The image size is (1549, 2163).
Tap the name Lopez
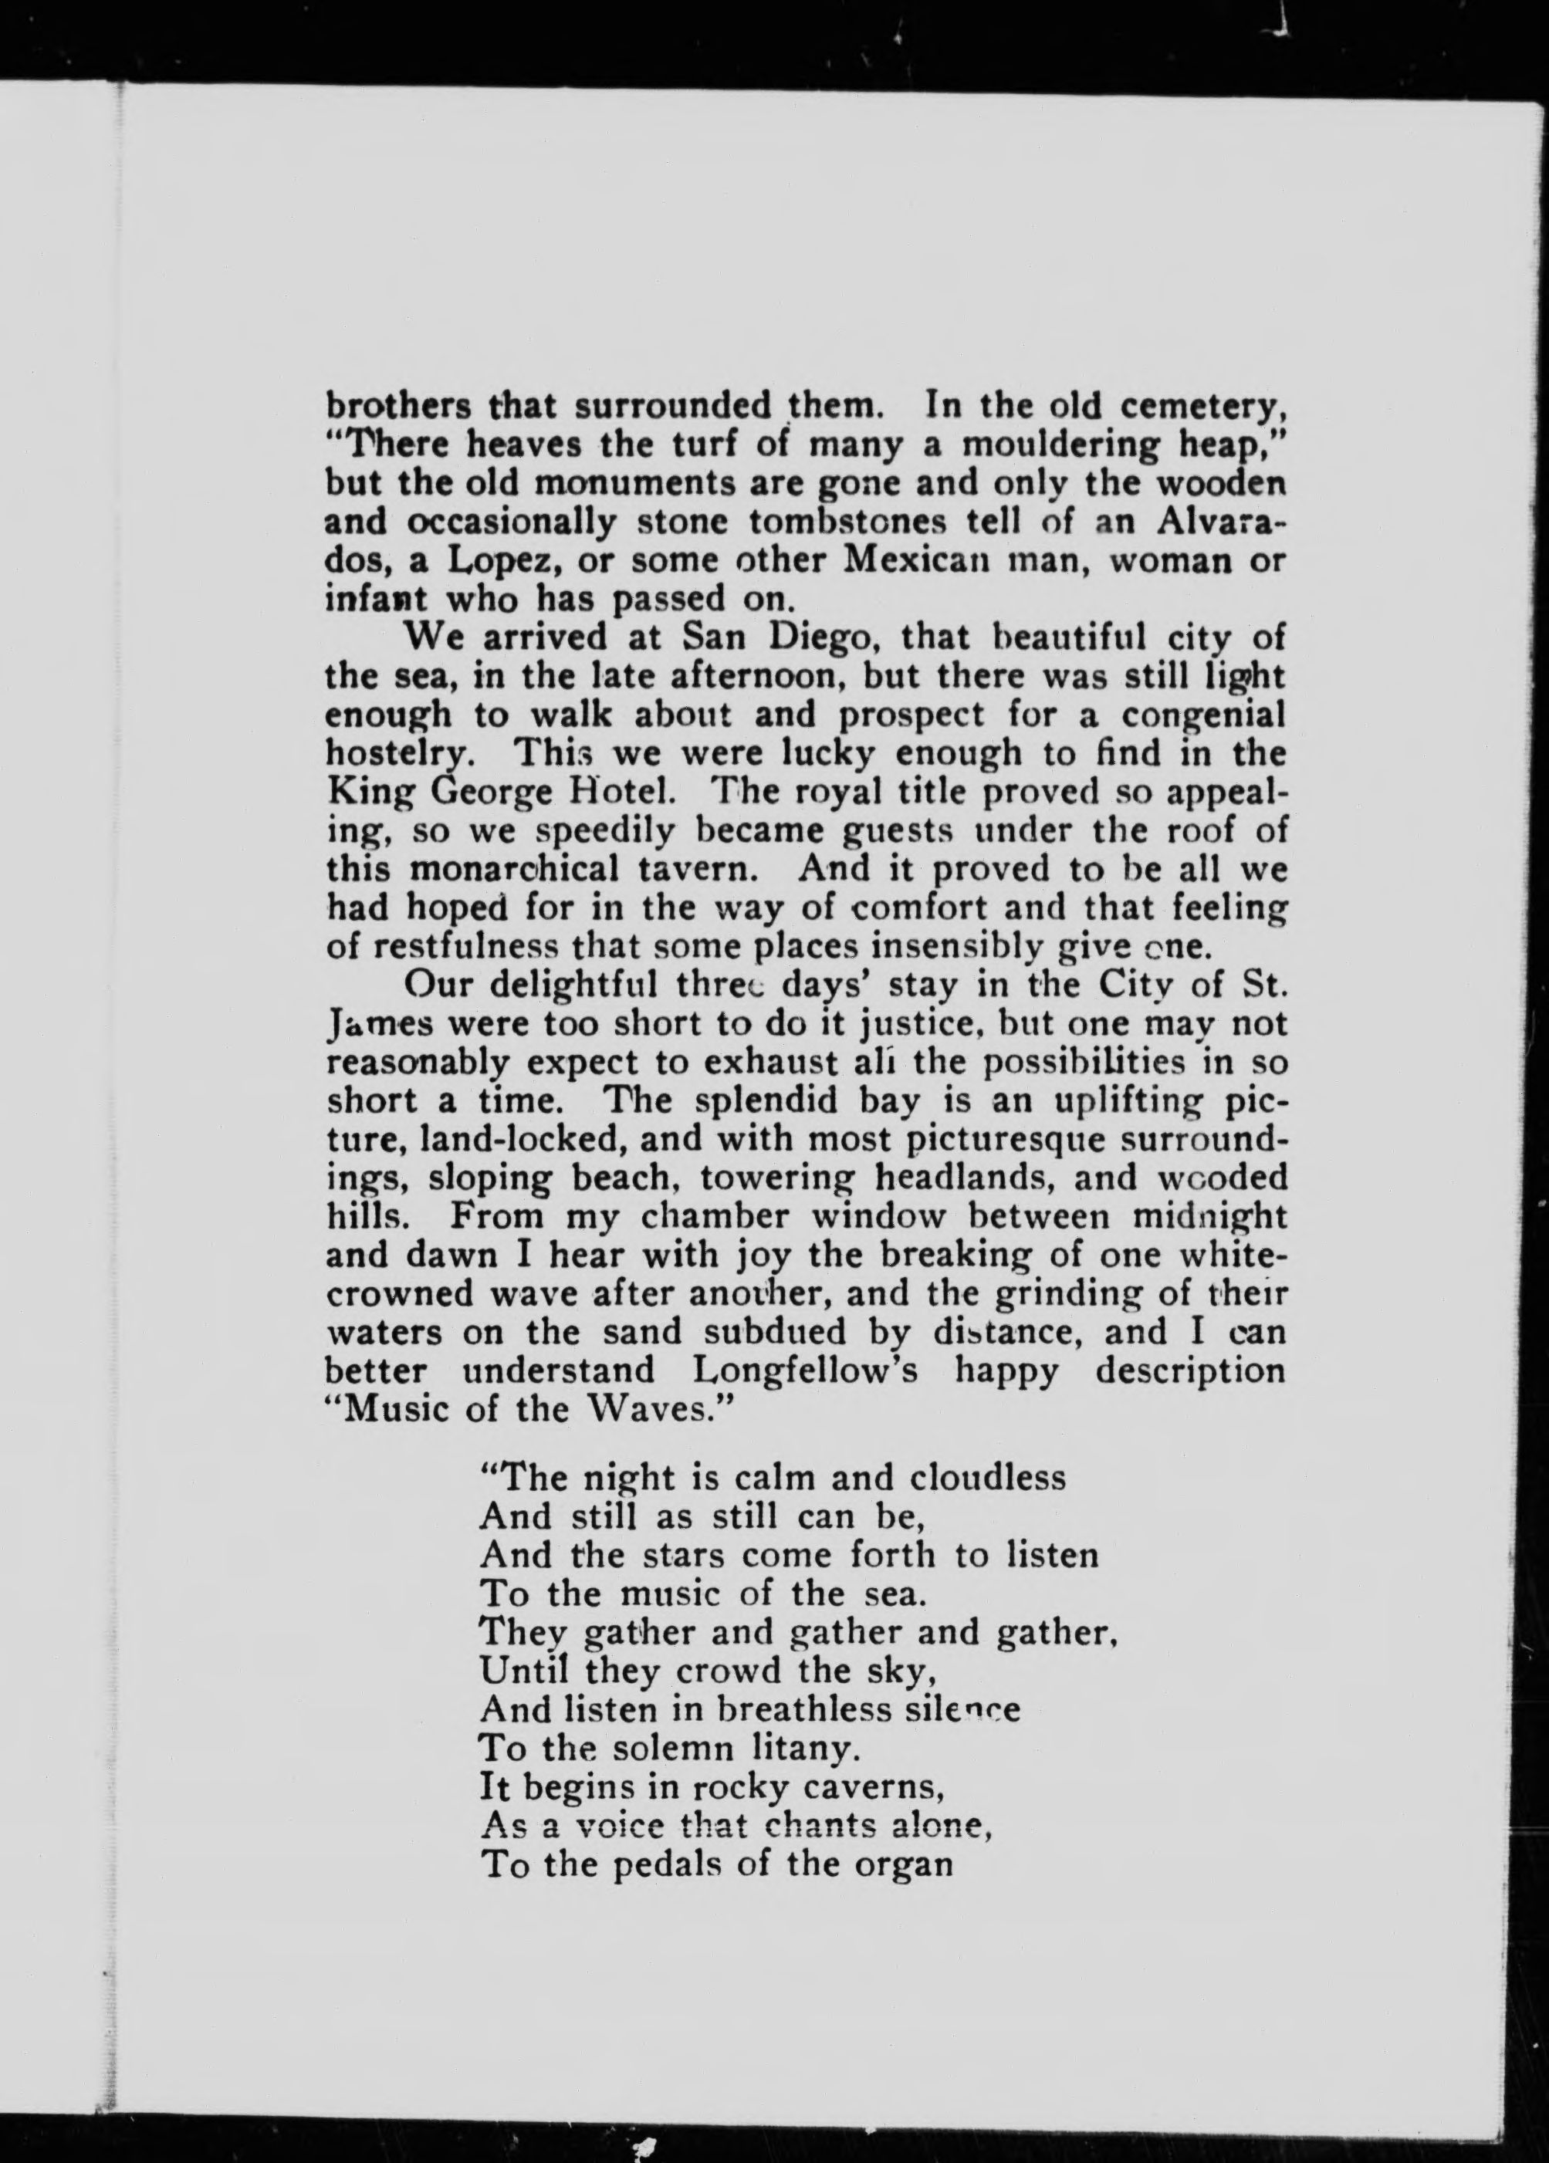(x=502, y=562)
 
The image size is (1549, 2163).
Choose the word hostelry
(x=400, y=755)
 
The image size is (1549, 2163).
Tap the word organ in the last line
(x=902, y=1864)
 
